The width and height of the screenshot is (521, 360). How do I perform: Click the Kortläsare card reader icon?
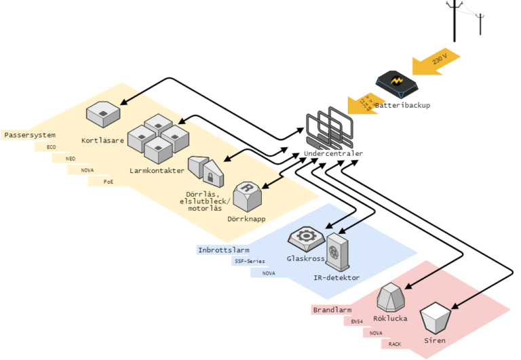coord(103,113)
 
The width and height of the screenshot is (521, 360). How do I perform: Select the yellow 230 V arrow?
coord(435,61)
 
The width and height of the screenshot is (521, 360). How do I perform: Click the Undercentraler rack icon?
coord(329,128)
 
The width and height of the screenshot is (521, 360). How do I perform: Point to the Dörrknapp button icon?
coord(248,197)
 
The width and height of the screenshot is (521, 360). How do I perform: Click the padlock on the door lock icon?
coord(212,178)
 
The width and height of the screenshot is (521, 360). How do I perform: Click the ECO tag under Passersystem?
coord(52,146)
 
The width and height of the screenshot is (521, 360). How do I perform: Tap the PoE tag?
coord(109,182)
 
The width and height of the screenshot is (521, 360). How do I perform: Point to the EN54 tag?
coord(358,321)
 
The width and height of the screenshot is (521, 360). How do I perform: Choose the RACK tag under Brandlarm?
coord(395,344)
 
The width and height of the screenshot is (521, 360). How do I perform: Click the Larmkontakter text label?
coord(157,171)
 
